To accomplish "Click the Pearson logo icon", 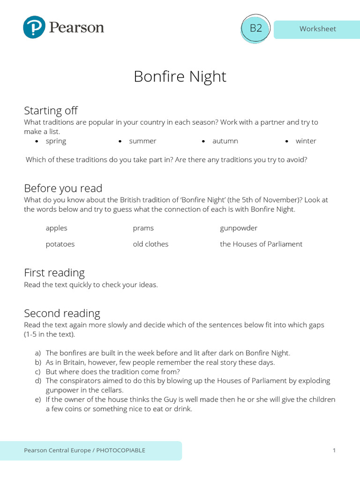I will pyautogui.click(x=34, y=27).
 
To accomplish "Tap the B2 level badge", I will pyautogui.click(x=255, y=28).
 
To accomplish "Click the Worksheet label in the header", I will pyautogui.click(x=317, y=29).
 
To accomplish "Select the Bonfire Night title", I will pyautogui.click(x=180, y=76).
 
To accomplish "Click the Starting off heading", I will pyautogui.click(x=51, y=111).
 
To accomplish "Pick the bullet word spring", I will pyautogui.click(x=56, y=141).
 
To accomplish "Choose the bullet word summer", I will pyautogui.click(x=142, y=141).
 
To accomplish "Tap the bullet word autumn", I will pyautogui.click(x=225, y=141).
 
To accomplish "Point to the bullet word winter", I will pyautogui.click(x=306, y=141).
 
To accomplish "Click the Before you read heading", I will pyautogui.click(x=63, y=188).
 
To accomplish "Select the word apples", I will pyautogui.click(x=56, y=228).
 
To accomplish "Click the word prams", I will pyautogui.click(x=143, y=228).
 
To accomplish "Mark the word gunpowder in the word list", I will pyautogui.click(x=239, y=228).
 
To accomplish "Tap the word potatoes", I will pyautogui.click(x=60, y=244).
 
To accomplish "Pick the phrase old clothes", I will pyautogui.click(x=150, y=244).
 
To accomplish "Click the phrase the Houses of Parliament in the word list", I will pyautogui.click(x=261, y=244).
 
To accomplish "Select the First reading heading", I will pyautogui.click(x=54, y=273).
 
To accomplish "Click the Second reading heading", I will pyautogui.click(x=62, y=313).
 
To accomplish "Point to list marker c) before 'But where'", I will pyautogui.click(x=37, y=372).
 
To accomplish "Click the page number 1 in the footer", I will pyautogui.click(x=334, y=450).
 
